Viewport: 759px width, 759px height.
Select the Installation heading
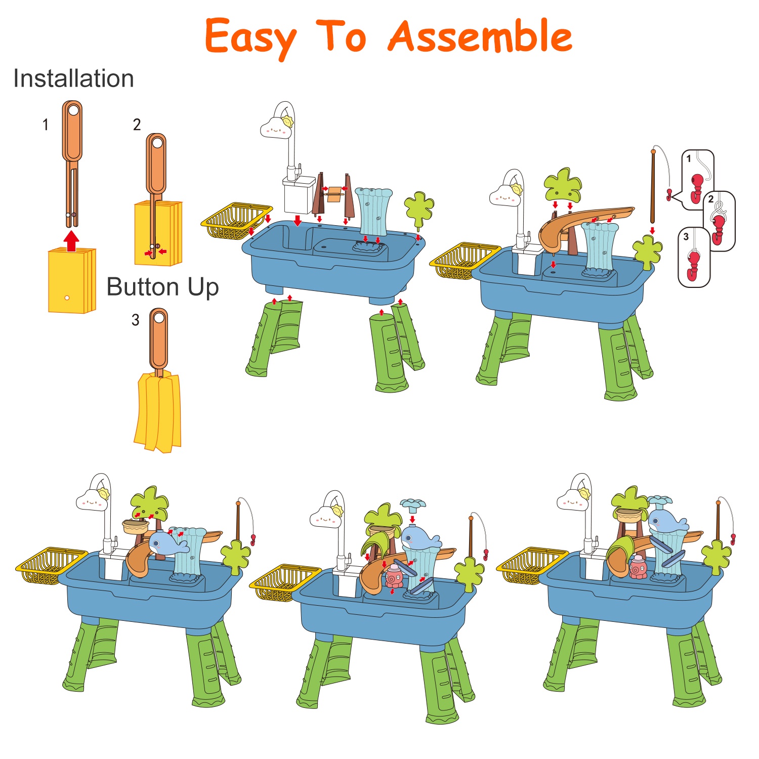coord(74,78)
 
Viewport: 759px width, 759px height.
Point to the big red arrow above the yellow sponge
coord(72,241)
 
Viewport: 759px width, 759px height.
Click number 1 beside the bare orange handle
coord(46,124)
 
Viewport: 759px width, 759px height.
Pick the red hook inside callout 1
coord(697,187)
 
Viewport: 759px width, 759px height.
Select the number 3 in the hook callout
coord(686,237)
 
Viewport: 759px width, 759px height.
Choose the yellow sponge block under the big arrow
coord(72,281)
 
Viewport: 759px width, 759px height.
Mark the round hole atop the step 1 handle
coord(73,110)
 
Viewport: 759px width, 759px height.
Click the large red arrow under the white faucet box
coord(298,220)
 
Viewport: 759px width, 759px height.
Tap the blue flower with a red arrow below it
coord(413,504)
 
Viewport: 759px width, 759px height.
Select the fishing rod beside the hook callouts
coord(653,186)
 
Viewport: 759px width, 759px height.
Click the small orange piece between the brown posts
coord(334,194)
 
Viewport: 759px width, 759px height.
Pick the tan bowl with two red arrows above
coord(136,527)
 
